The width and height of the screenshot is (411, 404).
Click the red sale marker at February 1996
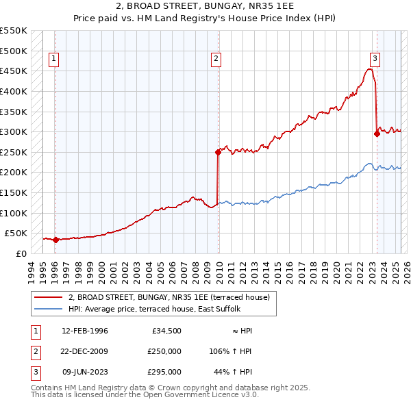(x=55, y=240)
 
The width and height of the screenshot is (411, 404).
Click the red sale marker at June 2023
(x=377, y=134)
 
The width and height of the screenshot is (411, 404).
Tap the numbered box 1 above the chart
(x=53, y=60)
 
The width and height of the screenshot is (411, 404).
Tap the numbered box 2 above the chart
(x=216, y=60)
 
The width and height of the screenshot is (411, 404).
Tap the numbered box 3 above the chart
(x=375, y=60)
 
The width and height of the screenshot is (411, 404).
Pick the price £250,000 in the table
(x=164, y=351)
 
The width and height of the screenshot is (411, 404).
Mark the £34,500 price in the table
(x=167, y=331)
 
